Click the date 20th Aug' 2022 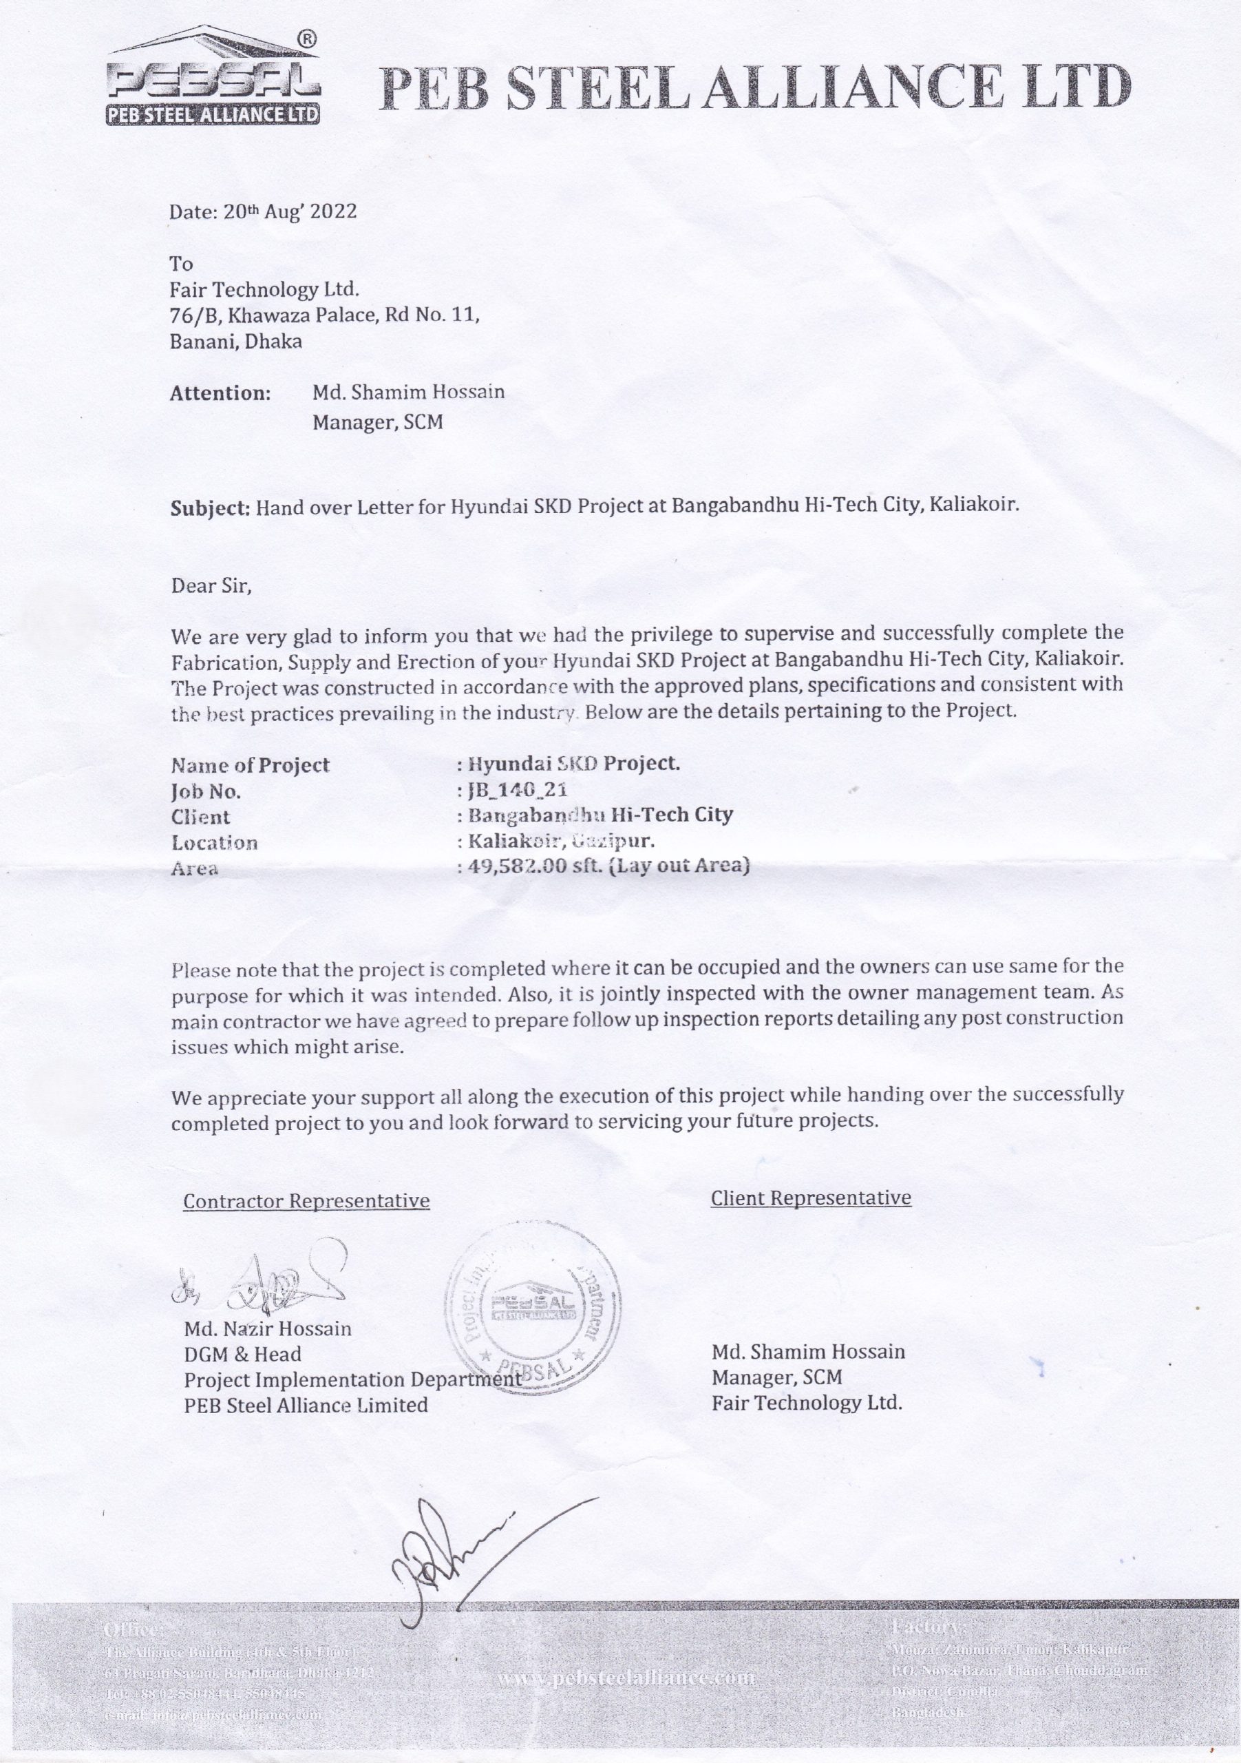tap(263, 212)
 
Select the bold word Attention tap(220, 394)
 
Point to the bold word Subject tap(209, 508)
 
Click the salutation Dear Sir tap(211, 587)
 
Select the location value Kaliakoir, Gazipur tap(561, 842)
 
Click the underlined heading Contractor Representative tap(306, 1202)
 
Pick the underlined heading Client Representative tap(810, 1198)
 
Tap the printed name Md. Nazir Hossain tap(267, 1329)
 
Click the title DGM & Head tap(242, 1355)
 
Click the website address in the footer tap(626, 1679)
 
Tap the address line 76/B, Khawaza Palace tap(325, 315)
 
